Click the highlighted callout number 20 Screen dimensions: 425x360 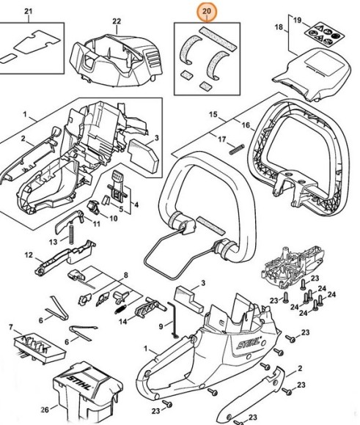[x=207, y=12]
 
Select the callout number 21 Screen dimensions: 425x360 [x=29, y=11]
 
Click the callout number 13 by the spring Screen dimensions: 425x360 [x=52, y=241]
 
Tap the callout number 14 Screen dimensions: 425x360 [x=124, y=320]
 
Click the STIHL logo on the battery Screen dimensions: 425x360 [x=84, y=382]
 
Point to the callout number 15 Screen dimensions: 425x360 [x=213, y=114]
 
